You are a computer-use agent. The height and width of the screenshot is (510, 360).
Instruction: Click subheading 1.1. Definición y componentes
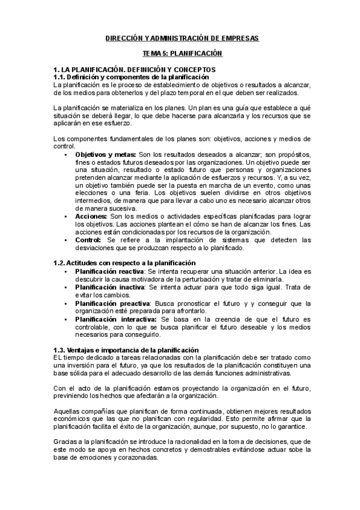[132, 77]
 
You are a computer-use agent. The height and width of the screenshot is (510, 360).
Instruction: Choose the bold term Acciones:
[91, 215]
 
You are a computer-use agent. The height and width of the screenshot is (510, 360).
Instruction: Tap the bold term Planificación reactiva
[109, 272]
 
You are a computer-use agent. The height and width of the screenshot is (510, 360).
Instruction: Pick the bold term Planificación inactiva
[109, 287]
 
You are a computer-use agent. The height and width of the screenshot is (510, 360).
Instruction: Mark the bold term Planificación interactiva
[115, 319]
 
